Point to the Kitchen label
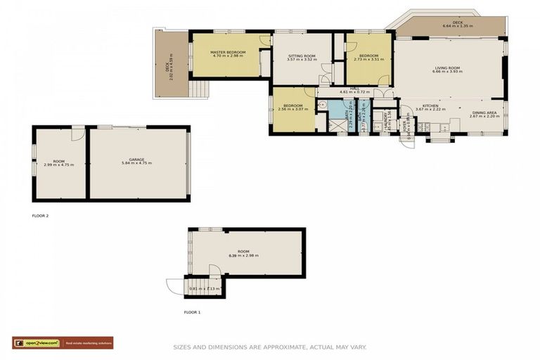[x=430, y=105]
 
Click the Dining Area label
[x=484, y=112]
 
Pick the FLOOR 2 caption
[x=41, y=216]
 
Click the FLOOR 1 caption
[x=192, y=311]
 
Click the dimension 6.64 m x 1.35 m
[x=458, y=26]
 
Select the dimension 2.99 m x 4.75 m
[x=58, y=165]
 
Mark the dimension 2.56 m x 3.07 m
[x=293, y=109]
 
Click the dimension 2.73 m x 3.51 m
[x=368, y=59]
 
